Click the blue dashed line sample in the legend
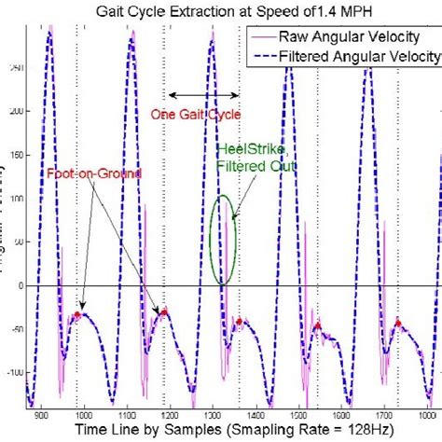coord(270,54)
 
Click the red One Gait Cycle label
coord(196,115)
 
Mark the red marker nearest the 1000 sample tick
coord(77,316)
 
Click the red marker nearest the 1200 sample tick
coord(164,311)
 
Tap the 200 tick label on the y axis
coord(12,112)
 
